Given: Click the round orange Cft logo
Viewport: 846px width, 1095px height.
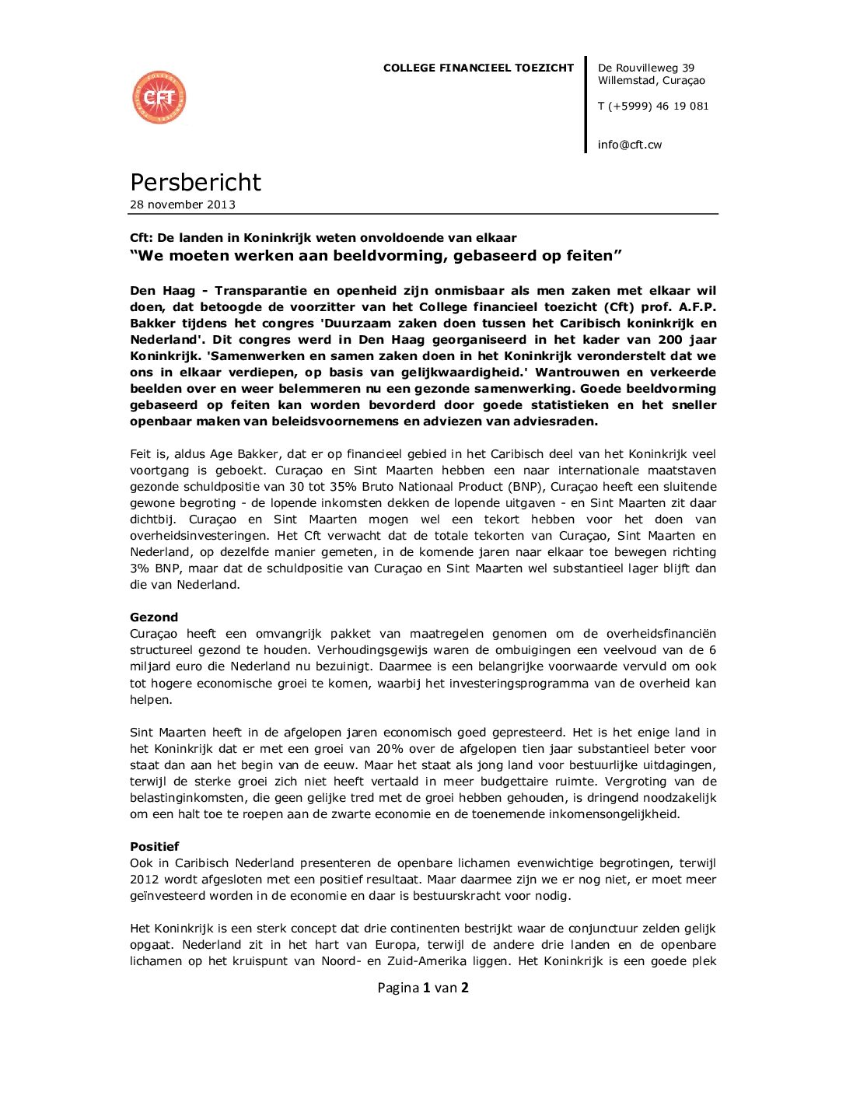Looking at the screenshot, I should (x=159, y=98).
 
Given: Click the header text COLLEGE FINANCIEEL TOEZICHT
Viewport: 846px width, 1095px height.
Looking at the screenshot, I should (x=478, y=68).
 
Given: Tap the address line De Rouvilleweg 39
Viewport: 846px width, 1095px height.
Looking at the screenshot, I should (x=645, y=68).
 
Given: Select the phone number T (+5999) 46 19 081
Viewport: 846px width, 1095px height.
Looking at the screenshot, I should (x=653, y=106).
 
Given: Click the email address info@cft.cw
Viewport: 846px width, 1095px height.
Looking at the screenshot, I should (x=630, y=145).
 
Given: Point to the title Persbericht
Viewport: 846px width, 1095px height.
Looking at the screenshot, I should (x=195, y=182).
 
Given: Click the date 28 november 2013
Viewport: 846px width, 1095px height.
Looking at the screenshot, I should (x=183, y=205).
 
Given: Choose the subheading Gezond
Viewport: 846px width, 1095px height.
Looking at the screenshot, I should (x=154, y=617).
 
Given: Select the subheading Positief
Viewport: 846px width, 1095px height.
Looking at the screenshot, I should (x=155, y=846).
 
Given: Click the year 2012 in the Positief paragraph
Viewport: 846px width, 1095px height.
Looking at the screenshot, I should (x=145, y=880).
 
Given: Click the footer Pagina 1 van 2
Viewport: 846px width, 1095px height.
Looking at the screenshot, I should (x=423, y=988).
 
